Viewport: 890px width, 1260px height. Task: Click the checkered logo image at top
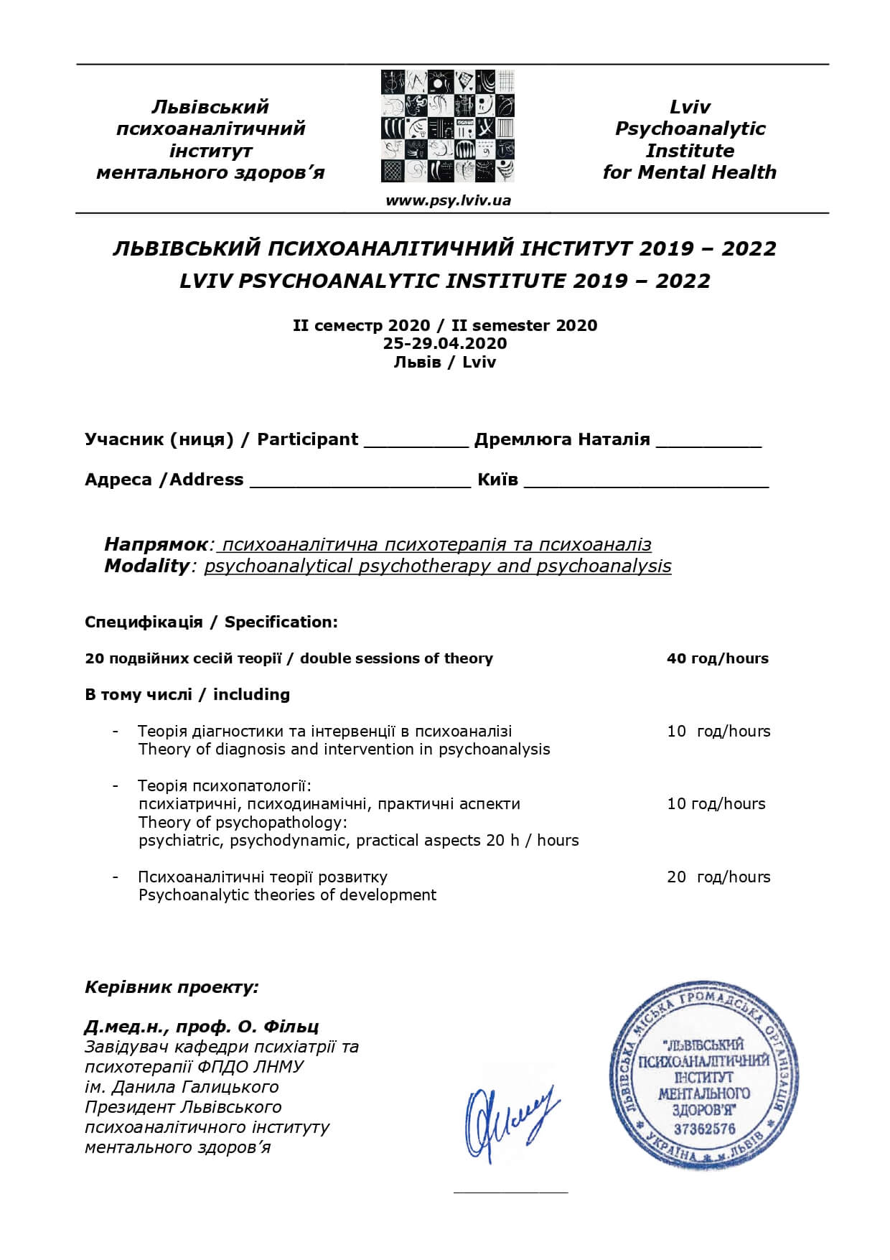click(448, 126)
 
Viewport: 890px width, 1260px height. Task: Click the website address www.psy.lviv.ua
click(448, 200)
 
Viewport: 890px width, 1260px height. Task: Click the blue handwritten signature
click(510, 1121)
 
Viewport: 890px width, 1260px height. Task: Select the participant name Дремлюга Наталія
click(562, 439)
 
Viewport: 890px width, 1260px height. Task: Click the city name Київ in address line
click(497, 480)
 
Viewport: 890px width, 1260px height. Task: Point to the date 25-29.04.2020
click(445, 343)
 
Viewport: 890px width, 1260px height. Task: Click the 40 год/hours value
click(717, 658)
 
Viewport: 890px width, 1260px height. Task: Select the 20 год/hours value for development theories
click(718, 877)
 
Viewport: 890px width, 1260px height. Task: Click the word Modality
click(146, 566)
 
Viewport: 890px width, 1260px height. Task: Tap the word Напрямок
click(156, 544)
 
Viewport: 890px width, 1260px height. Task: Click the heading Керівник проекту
click(172, 987)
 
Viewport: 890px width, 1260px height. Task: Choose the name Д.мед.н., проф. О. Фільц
click(202, 1026)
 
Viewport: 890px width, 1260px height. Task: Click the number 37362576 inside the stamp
click(704, 1129)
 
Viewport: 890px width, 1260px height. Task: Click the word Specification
click(281, 622)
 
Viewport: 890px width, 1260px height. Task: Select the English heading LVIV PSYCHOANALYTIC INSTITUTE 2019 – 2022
click(445, 281)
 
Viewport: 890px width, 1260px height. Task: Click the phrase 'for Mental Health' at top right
click(689, 172)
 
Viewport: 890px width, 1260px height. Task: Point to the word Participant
click(307, 439)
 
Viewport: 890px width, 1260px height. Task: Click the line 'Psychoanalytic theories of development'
click(287, 895)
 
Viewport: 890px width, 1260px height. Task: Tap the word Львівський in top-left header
click(210, 107)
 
